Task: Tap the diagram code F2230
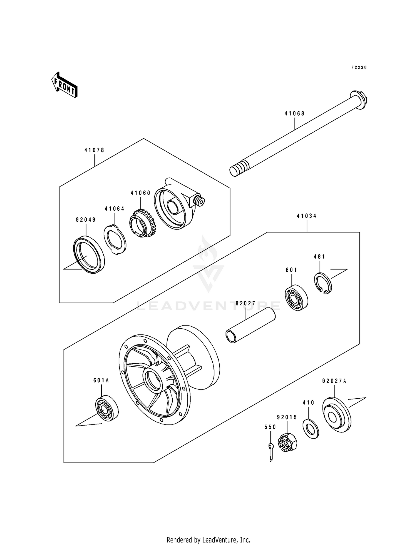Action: [359, 67]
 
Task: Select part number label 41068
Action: [294, 113]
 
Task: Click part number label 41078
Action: [94, 150]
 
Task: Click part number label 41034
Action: [307, 216]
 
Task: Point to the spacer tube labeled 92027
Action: [250, 326]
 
